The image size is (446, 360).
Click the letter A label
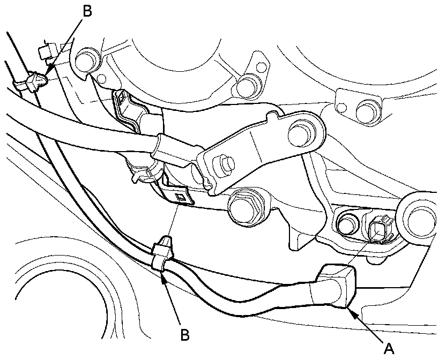point(390,349)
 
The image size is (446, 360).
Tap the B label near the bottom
point(184,335)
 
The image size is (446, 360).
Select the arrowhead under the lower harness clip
point(162,274)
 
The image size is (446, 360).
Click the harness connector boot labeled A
point(337,283)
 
